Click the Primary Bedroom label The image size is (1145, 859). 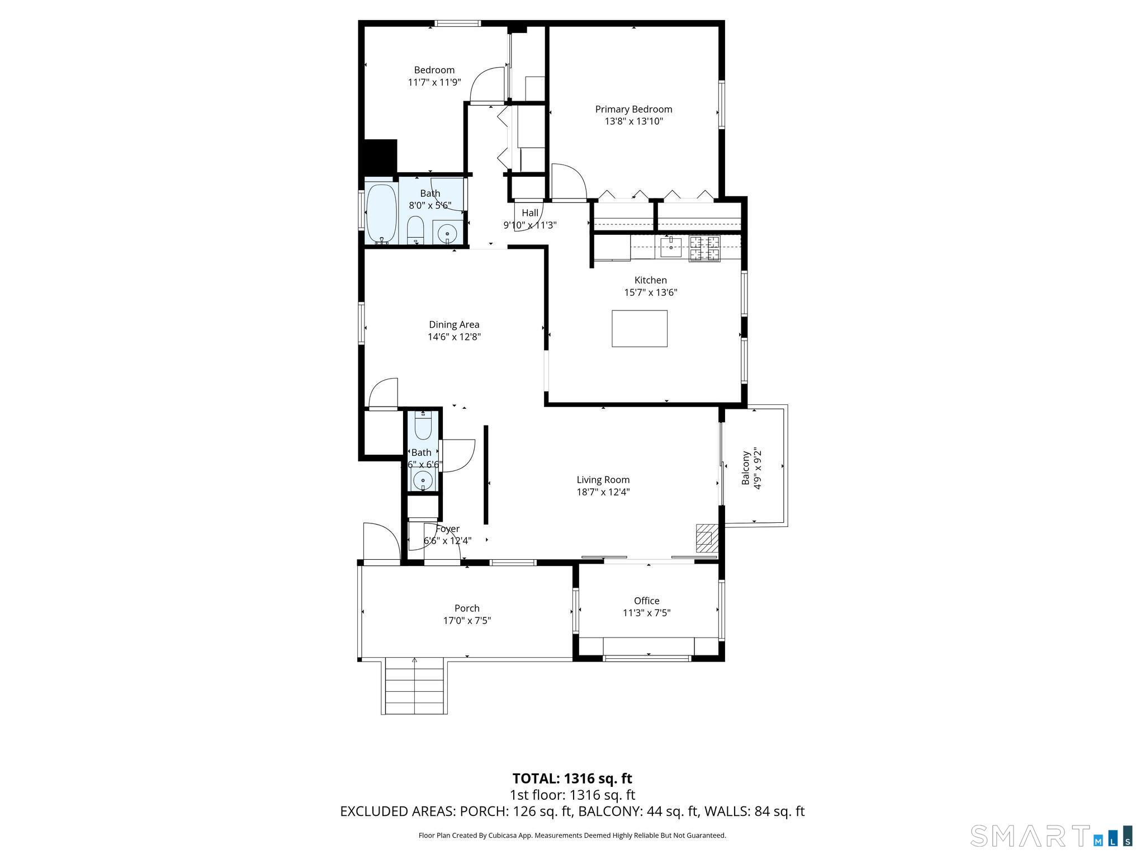click(x=633, y=110)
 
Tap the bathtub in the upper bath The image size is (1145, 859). click(x=382, y=213)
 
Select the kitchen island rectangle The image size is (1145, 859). click(x=639, y=328)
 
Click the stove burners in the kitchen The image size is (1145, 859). click(x=704, y=248)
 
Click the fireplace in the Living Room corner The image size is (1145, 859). click(x=706, y=539)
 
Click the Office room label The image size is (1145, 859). click(x=646, y=601)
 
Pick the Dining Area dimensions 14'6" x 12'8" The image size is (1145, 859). click(x=454, y=337)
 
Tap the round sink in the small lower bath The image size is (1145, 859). click(x=423, y=479)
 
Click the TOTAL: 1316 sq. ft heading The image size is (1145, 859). click(x=572, y=778)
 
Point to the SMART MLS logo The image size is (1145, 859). click(x=1051, y=835)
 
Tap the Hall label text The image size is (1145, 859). click(x=530, y=213)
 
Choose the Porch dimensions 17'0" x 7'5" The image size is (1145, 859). click(x=467, y=620)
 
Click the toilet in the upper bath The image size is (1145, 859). click(x=415, y=231)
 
